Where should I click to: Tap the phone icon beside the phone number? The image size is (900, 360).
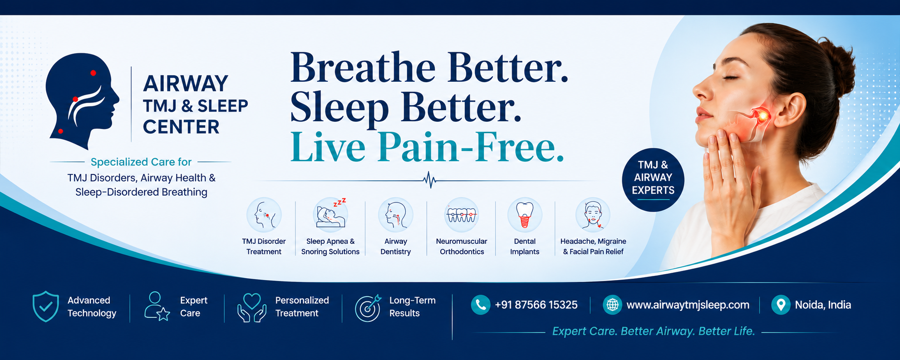[x=481, y=305]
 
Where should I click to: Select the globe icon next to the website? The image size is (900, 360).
[x=612, y=305]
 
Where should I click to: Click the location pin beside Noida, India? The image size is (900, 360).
[x=781, y=305]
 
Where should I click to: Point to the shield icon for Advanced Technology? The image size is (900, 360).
[x=45, y=306]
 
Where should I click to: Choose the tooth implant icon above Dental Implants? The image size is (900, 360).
[x=525, y=215]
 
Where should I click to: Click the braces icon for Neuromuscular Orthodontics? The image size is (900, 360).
[x=462, y=214]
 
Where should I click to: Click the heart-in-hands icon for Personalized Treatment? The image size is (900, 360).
[x=252, y=307]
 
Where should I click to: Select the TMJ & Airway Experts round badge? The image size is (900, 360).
[x=653, y=180]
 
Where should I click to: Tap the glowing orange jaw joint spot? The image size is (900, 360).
[x=762, y=116]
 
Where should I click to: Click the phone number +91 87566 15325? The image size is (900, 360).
[x=536, y=305]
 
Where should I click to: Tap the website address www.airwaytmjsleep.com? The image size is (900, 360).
[x=688, y=305]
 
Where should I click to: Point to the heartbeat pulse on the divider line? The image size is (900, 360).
[x=429, y=180]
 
